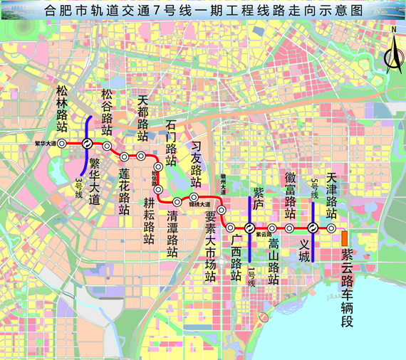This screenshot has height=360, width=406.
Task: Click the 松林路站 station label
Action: [62, 108]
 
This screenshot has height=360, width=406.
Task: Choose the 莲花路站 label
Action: [124, 190]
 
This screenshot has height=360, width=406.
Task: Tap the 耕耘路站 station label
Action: [149, 215]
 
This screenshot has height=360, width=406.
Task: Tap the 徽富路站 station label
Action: [290, 195]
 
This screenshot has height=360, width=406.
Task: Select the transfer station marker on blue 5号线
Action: [312, 228]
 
